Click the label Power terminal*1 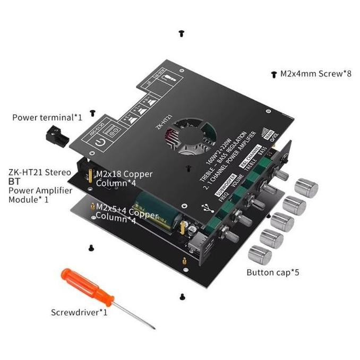47,117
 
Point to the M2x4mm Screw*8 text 316,74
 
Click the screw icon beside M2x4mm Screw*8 274,75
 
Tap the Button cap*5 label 273,272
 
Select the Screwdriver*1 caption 79,312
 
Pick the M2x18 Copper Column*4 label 124,178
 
